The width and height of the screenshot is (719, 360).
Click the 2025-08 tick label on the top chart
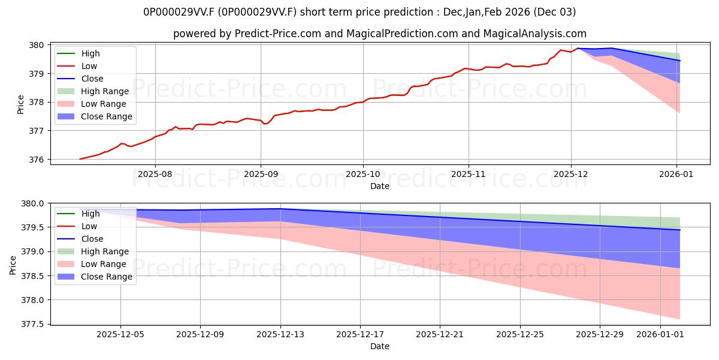tap(155, 174)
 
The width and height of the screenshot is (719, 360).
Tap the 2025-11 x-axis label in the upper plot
tap(468, 174)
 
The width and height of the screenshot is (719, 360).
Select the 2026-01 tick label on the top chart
tap(677, 174)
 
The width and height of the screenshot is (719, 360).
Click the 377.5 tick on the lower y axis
tap(32, 325)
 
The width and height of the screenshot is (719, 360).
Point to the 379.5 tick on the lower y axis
tap(32, 227)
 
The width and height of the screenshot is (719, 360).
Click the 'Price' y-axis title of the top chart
tap(20, 104)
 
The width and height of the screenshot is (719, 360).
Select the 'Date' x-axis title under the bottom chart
tap(380, 346)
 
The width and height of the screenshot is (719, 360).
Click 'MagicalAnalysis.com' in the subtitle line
tap(537, 34)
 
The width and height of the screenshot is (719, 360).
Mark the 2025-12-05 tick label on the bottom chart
tap(121, 334)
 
